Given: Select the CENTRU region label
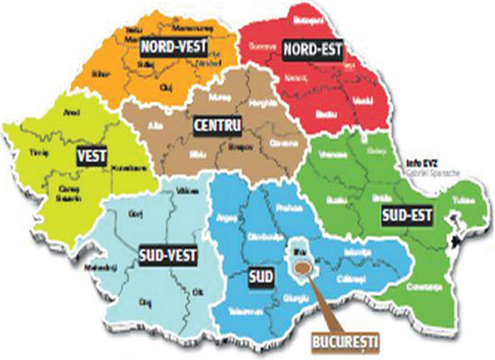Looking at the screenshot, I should tap(216, 125).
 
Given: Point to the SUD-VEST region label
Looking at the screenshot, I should tap(167, 255).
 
